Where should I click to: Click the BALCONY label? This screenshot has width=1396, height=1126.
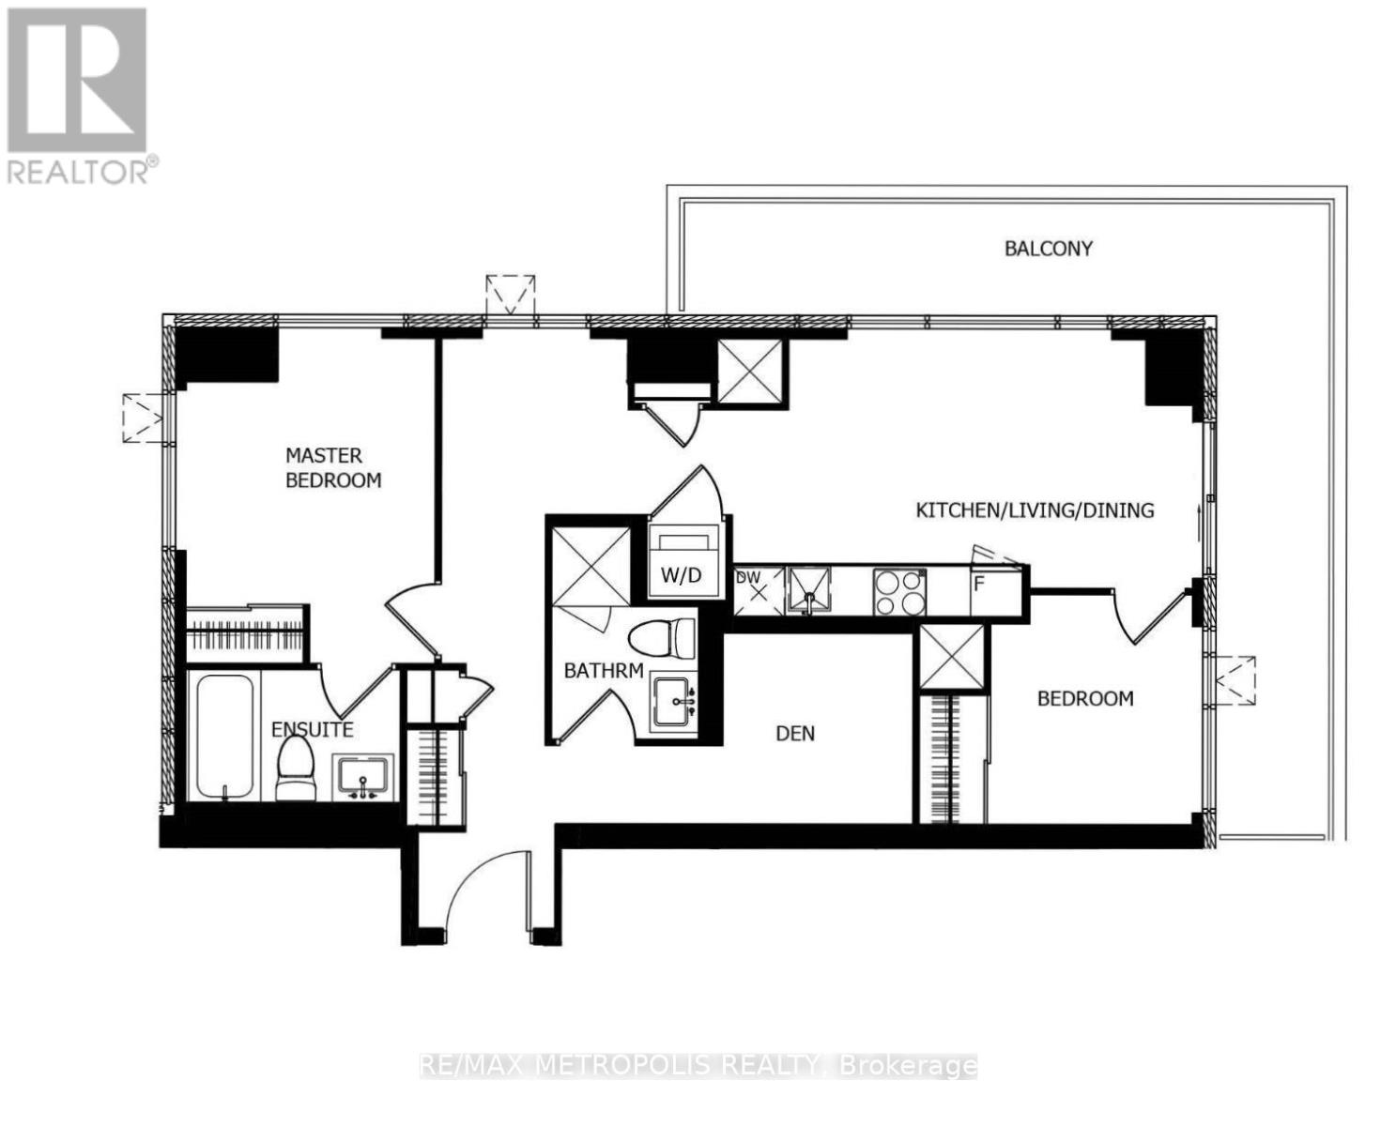tap(1049, 249)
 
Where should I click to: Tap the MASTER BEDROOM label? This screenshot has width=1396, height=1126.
tap(333, 467)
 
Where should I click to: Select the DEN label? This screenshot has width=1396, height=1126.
tap(795, 734)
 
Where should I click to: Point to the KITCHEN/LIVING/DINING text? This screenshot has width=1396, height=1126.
tap(1035, 510)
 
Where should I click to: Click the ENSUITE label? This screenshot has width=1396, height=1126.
tap(312, 730)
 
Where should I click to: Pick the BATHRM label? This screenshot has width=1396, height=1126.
tap(604, 671)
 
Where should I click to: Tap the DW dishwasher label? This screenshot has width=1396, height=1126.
tap(748, 577)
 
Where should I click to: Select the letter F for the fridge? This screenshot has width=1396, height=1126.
tap(979, 584)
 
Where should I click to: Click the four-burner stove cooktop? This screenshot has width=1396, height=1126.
tap(899, 592)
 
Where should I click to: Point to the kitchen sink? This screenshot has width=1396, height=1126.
tap(809, 590)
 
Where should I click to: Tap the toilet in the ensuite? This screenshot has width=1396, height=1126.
tap(296, 768)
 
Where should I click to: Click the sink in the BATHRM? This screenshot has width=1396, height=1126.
tap(673, 703)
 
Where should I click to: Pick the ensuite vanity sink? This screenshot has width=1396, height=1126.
tap(363, 778)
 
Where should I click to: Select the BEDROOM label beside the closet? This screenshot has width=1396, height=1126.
tap(1085, 698)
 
